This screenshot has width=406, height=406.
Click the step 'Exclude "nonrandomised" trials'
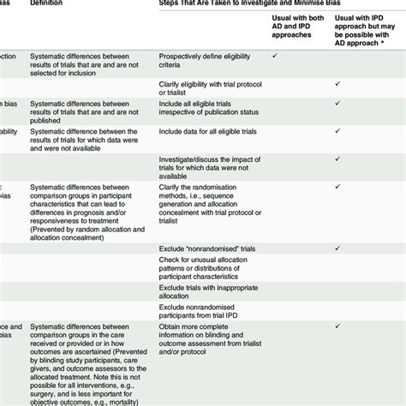(206, 249)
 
